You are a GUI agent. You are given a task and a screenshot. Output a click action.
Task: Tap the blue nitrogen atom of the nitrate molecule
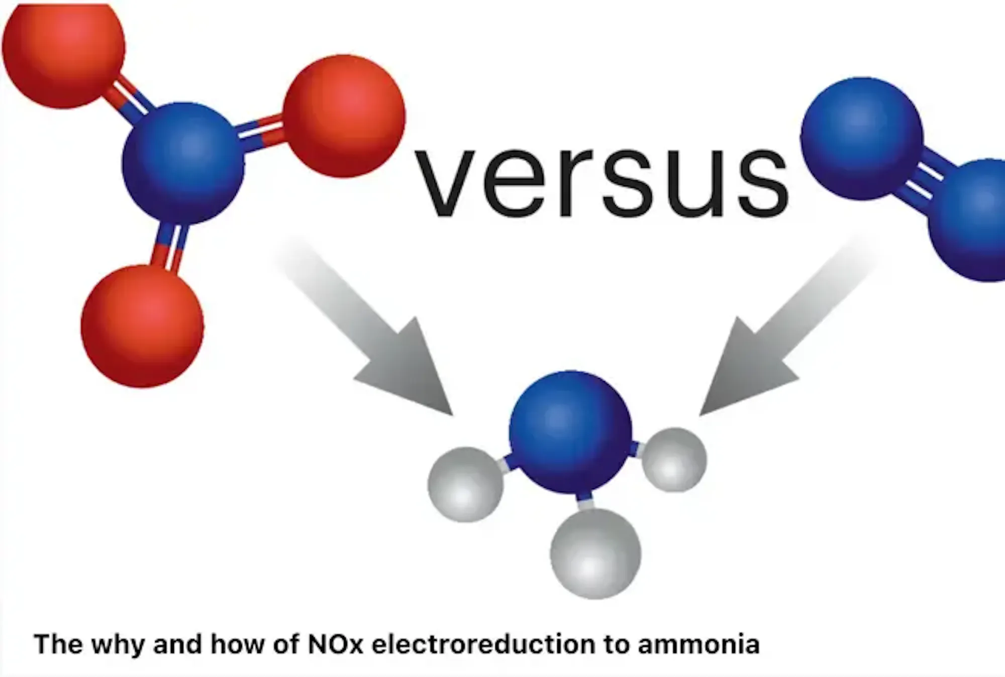click(183, 164)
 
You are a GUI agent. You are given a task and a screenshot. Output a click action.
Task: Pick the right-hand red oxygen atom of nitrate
click(344, 116)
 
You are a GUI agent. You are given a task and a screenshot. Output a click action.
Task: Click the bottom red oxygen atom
click(142, 326)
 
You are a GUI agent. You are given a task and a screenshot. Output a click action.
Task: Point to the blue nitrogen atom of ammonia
click(570, 432)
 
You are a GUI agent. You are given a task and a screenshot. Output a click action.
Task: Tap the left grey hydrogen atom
click(465, 485)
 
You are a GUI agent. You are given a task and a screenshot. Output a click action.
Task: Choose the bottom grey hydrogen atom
click(595, 553)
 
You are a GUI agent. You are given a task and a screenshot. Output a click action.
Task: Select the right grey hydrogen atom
click(674, 460)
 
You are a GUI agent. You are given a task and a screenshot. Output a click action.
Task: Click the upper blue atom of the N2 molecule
click(862, 139)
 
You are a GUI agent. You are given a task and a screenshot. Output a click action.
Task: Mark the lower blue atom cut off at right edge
click(967, 220)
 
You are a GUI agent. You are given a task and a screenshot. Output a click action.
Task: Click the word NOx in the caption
click(336, 644)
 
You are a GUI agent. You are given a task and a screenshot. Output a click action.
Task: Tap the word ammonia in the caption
click(698, 644)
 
